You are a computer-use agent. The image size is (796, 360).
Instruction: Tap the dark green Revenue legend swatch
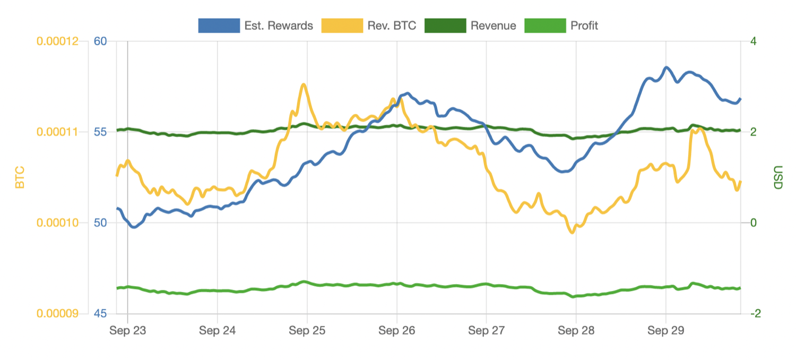click(445, 25)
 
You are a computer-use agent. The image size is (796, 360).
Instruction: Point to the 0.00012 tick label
click(61, 41)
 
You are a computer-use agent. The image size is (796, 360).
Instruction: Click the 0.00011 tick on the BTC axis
click(61, 132)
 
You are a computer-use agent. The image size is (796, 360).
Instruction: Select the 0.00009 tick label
click(61, 313)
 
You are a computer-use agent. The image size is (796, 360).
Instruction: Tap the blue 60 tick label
click(100, 41)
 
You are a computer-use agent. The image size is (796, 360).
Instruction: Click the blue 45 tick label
click(100, 313)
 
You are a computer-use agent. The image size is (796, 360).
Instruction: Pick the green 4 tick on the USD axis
click(753, 41)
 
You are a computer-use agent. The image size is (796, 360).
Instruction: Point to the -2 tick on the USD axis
click(755, 313)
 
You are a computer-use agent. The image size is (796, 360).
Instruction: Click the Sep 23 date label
click(127, 330)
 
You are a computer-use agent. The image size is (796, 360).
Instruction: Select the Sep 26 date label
click(396, 330)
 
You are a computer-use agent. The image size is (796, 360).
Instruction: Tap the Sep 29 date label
click(665, 330)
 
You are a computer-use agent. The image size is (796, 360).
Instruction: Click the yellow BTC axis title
click(20, 177)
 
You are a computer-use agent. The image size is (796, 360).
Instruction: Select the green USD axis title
click(777, 177)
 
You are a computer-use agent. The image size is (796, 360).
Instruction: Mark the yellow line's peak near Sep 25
click(304, 84)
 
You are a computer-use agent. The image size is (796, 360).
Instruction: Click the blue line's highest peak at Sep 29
click(667, 67)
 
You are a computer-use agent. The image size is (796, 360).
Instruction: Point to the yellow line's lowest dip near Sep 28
click(572, 232)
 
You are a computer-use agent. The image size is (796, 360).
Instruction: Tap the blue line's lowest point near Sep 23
click(134, 227)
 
